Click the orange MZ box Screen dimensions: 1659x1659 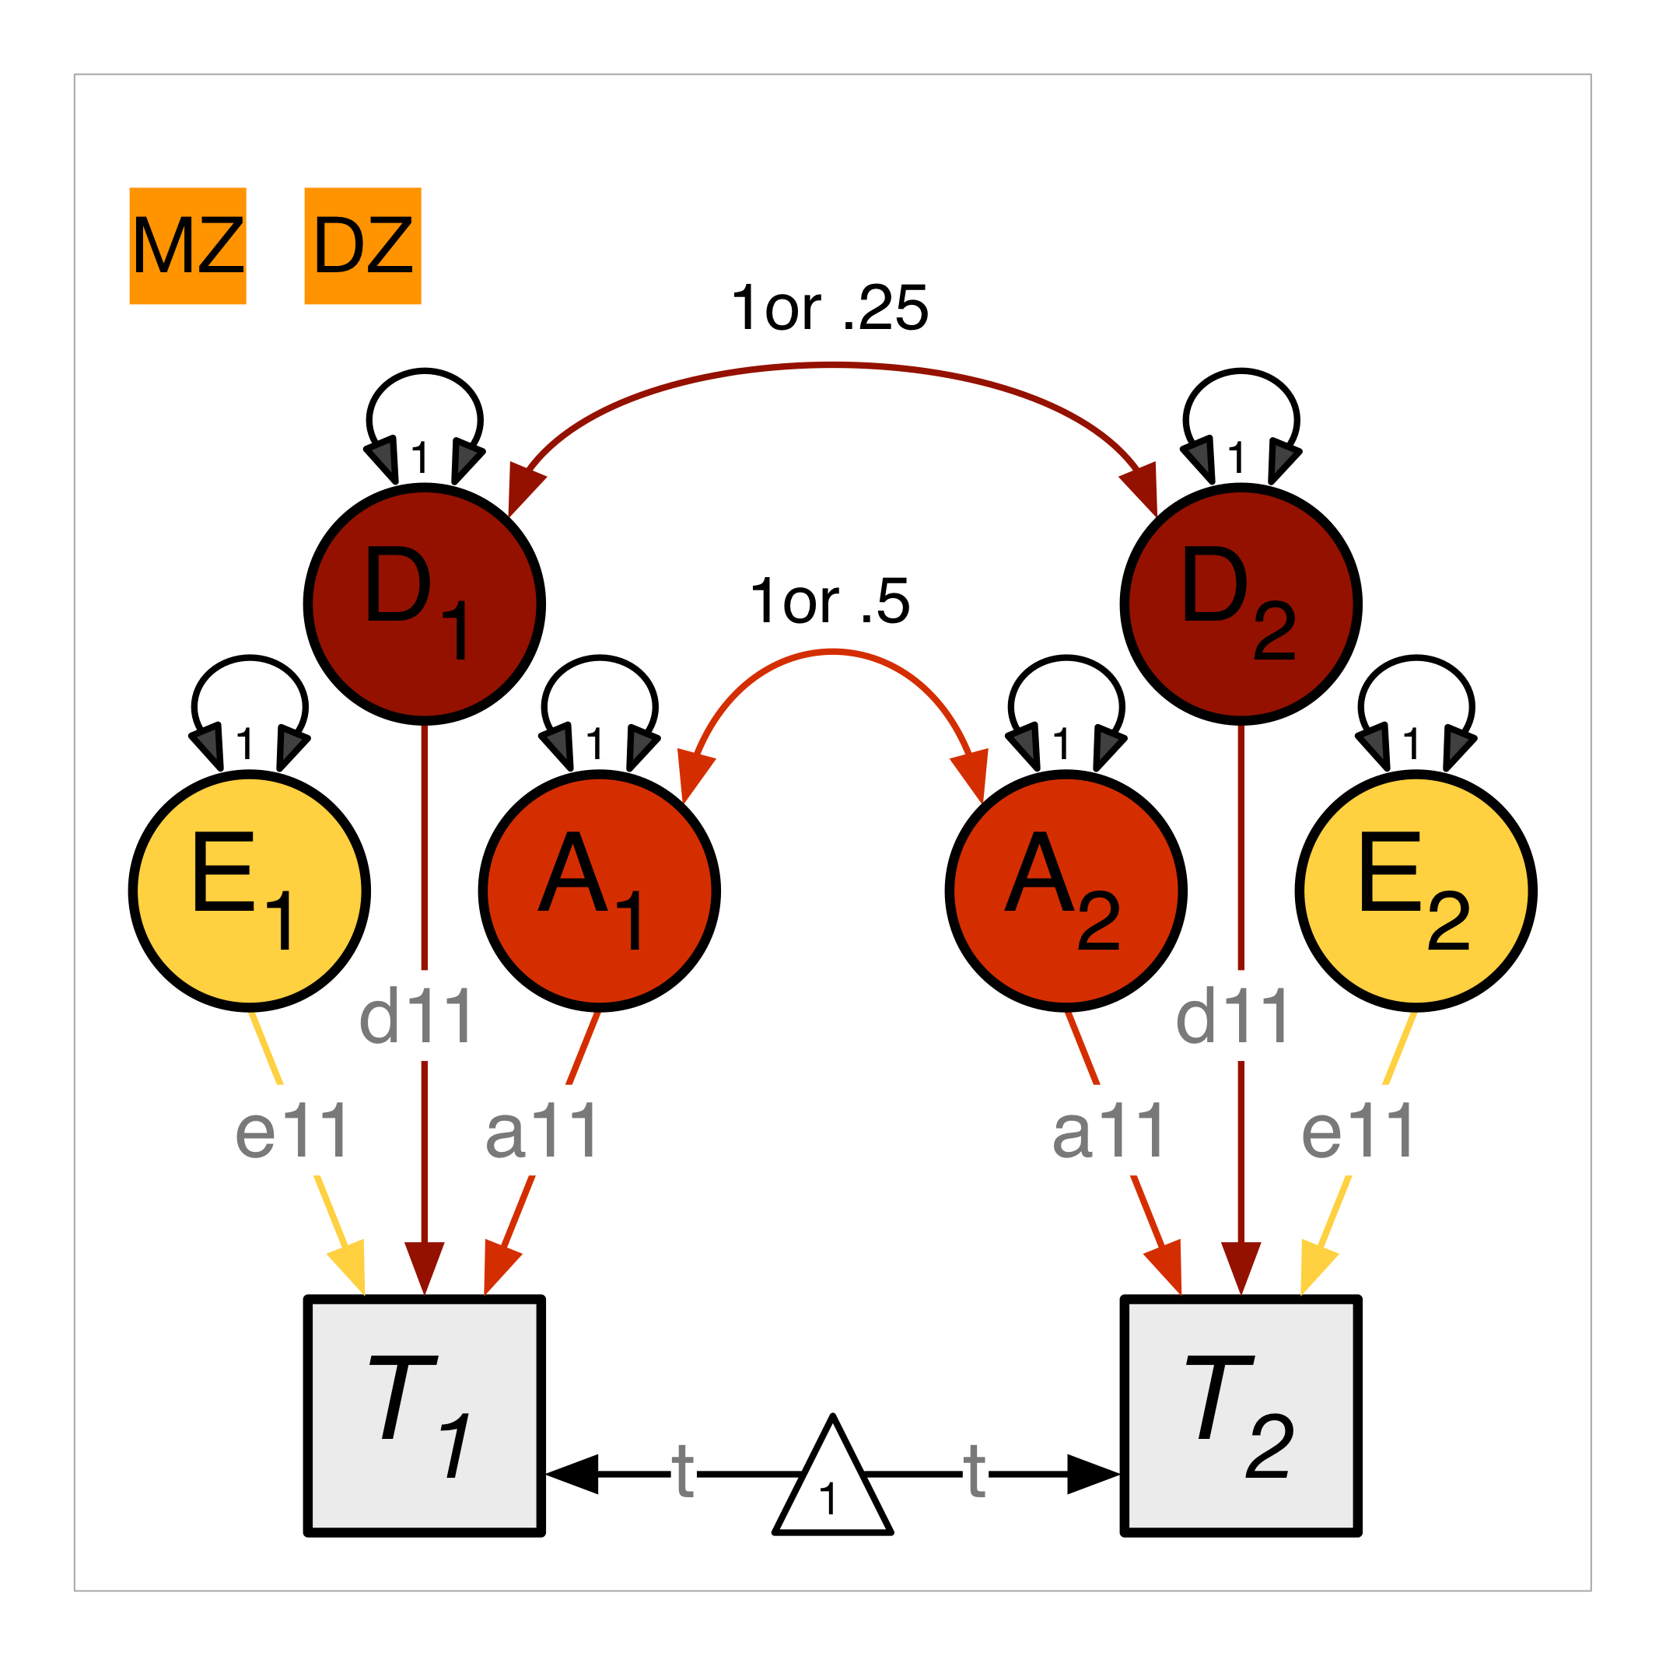click(x=188, y=246)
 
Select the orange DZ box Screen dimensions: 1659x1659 click(x=362, y=246)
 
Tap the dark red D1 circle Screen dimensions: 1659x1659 click(x=424, y=604)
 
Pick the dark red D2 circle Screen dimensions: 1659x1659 click(x=1241, y=604)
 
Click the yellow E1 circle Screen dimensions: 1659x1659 click(x=249, y=891)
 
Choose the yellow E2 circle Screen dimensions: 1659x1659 click(x=1416, y=891)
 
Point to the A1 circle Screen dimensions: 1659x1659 click(x=600, y=891)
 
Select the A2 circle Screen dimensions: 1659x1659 click(x=1066, y=891)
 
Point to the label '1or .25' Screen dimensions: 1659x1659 click(x=829, y=307)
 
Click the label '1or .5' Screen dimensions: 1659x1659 click(x=829, y=601)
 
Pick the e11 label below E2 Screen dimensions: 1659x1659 click(x=1357, y=1131)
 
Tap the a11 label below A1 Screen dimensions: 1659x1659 click(x=541, y=1131)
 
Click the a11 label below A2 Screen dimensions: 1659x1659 click(x=1108, y=1131)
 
